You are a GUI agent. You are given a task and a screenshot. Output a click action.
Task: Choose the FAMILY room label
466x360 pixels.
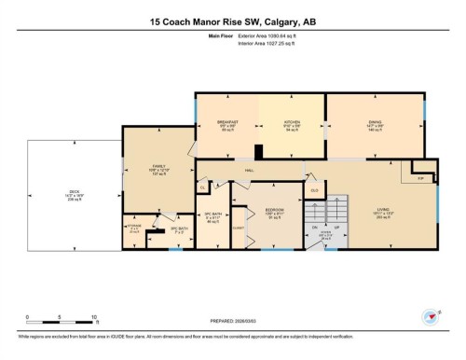[x=158, y=169]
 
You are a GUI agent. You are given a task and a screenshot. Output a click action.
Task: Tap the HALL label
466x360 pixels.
[x=249, y=170]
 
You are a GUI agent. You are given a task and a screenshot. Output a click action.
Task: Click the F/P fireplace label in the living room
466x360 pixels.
[x=419, y=176]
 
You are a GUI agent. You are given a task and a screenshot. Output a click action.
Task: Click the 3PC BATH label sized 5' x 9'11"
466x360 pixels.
[x=212, y=218]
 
